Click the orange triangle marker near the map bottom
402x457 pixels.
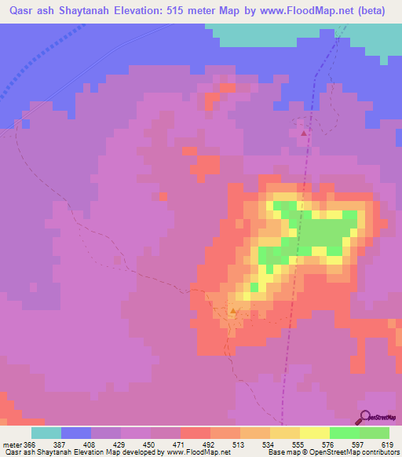(x=233, y=311)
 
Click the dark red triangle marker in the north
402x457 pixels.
(x=304, y=133)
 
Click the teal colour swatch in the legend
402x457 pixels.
(x=46, y=433)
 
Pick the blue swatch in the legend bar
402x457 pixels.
(x=76, y=433)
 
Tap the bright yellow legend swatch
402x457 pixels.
(x=315, y=433)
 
